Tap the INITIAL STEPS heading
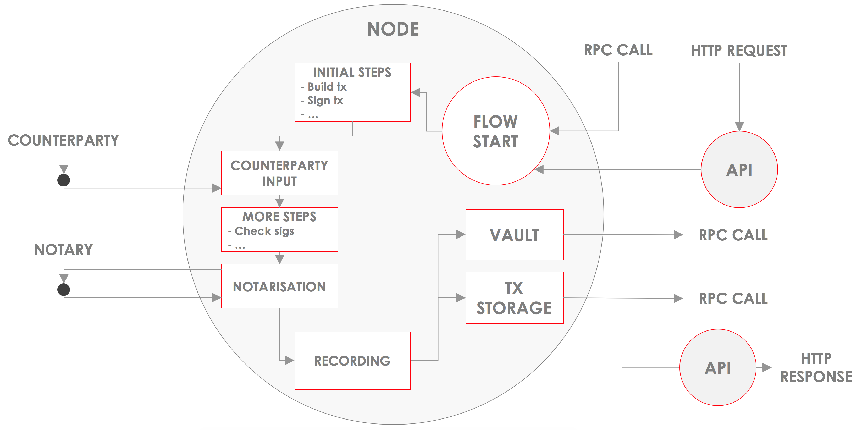(x=352, y=73)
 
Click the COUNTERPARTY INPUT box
(x=279, y=173)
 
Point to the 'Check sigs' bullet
(x=264, y=231)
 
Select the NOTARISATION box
(x=279, y=286)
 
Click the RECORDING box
(x=352, y=360)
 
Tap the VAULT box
(x=514, y=235)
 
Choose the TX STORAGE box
(x=514, y=298)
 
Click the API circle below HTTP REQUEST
(x=739, y=170)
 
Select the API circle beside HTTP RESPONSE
(x=717, y=368)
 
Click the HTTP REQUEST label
(x=739, y=51)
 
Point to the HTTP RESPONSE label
(x=816, y=368)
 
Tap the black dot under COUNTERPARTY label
(x=64, y=180)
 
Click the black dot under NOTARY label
(x=64, y=289)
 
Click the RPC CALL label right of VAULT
(x=733, y=235)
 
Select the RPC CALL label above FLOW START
(x=618, y=50)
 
